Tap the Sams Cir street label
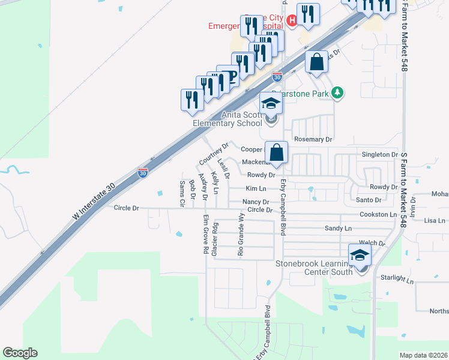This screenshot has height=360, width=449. point(181,194)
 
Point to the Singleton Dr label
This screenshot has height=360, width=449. point(379,154)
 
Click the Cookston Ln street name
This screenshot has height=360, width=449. point(378,214)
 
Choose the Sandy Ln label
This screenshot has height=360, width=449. point(337,229)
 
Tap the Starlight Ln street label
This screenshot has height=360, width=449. point(397,280)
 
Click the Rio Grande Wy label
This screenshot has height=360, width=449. point(241,234)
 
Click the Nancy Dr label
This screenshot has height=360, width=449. point(256,202)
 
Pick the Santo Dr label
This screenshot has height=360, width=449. point(369,199)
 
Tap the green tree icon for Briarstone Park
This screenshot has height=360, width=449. point(339,92)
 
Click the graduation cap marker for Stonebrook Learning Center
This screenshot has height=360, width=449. point(360,255)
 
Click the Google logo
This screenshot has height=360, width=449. point(20,353)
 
